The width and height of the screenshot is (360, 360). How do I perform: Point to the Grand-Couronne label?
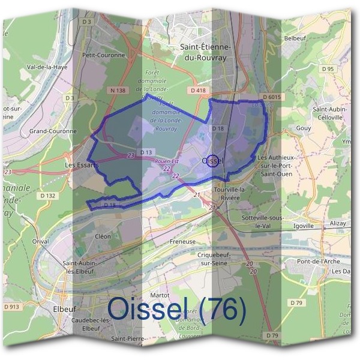[x=53, y=131]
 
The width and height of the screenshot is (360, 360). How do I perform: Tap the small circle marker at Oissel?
[x=211, y=160]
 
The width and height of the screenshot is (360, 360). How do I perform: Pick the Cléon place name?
[x=103, y=236]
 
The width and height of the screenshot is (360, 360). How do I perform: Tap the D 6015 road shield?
[x=272, y=97]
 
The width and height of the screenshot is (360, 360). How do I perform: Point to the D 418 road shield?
[x=197, y=90]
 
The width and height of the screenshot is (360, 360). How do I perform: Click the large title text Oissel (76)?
[x=177, y=310]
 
